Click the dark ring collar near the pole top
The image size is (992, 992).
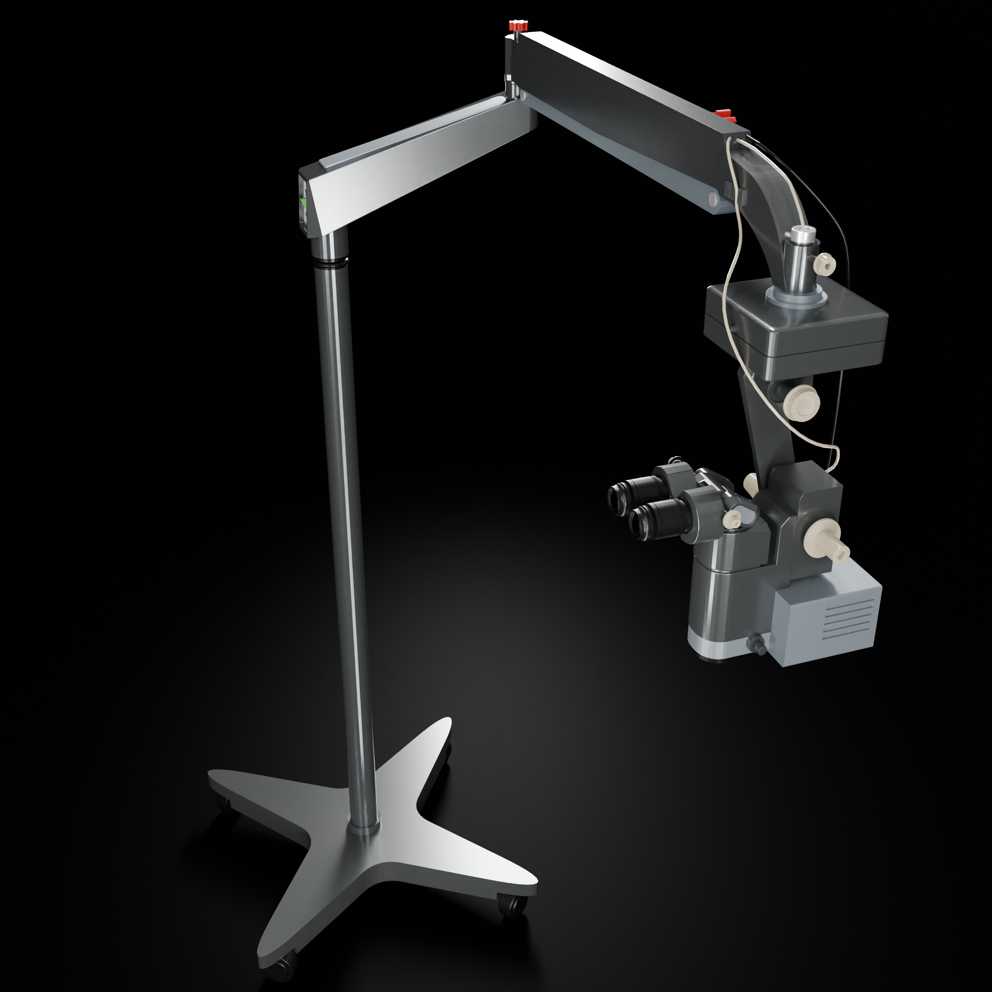click(x=332, y=265)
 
